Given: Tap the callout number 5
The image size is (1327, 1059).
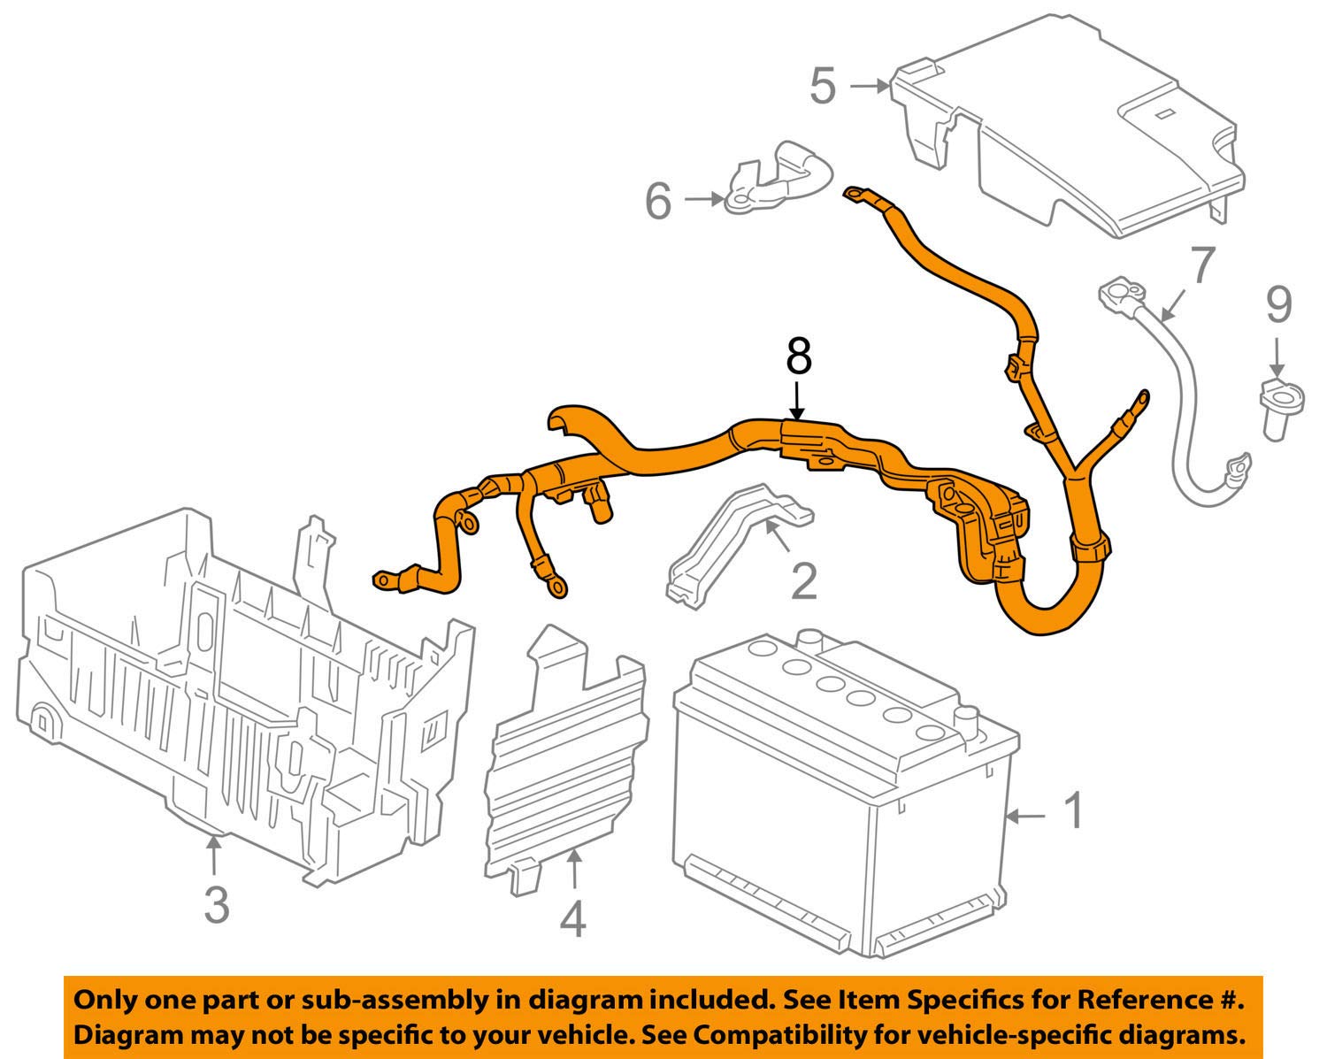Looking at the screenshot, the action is pos(824,86).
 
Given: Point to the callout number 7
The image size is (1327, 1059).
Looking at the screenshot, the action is pos(1202,265).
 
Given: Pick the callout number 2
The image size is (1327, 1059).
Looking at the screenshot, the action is pos(804,581).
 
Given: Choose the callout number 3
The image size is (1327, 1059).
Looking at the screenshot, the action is pos(217,904).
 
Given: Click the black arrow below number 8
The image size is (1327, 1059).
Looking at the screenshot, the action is pos(797,402).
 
